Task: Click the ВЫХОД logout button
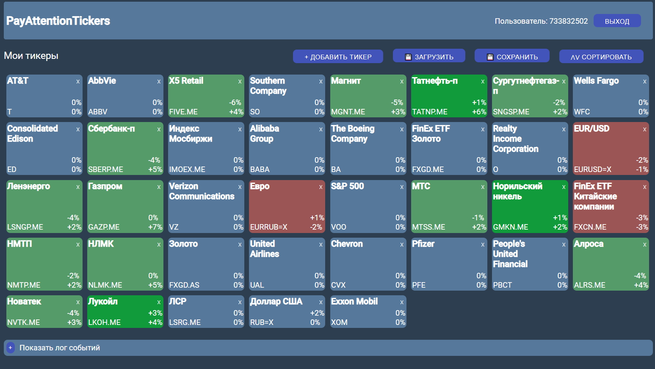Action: (x=617, y=21)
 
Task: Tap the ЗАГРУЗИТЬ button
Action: (x=429, y=56)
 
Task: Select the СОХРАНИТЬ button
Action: (x=512, y=56)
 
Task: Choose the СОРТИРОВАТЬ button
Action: (x=601, y=56)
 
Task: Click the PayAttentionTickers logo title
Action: (x=58, y=21)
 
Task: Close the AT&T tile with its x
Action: (x=78, y=81)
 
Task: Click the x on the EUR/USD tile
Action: (x=644, y=129)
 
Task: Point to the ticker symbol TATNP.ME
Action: (x=430, y=112)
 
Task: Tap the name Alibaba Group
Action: (x=264, y=133)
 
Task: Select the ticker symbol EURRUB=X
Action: (x=268, y=227)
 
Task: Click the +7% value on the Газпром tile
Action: (x=155, y=227)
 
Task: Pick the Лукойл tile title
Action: (x=103, y=301)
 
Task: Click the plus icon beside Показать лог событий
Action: (x=11, y=347)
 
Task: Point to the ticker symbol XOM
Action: (x=339, y=322)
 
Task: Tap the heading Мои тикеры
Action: (x=31, y=55)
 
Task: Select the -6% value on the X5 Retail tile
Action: (x=235, y=103)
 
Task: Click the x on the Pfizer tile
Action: (x=483, y=244)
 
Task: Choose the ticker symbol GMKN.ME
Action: (x=510, y=227)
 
